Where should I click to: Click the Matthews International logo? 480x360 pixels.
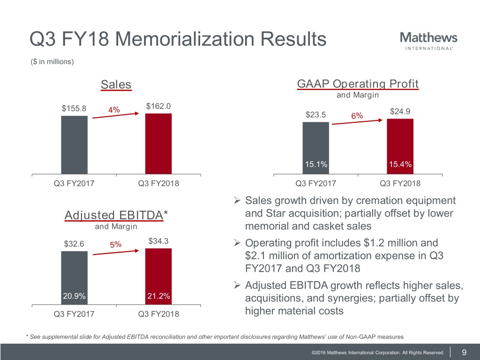(429, 40)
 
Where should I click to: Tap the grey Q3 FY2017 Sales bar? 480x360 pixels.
(74, 145)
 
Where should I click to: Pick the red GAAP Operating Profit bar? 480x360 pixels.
(400, 146)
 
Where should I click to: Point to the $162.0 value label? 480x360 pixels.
(158, 106)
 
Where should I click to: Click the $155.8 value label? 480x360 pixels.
(74, 108)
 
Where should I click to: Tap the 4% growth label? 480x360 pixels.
(114, 110)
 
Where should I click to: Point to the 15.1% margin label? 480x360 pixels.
(316, 164)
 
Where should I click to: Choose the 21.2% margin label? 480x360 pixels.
(158, 296)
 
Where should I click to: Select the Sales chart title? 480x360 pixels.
(116, 84)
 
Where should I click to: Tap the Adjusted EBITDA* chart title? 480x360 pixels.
(116, 216)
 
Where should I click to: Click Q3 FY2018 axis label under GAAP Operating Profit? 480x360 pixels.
(400, 183)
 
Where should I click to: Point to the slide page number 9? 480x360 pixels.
(464, 352)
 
